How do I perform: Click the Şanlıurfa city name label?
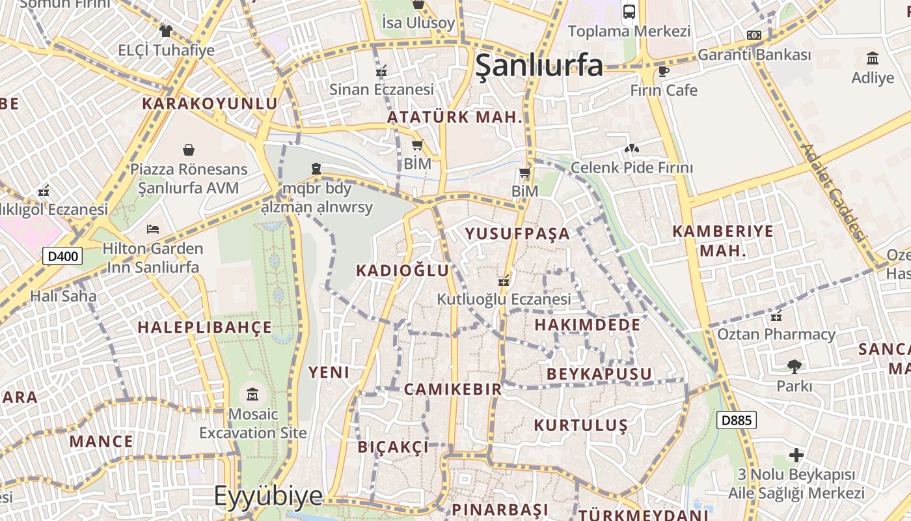pyautogui.click(x=539, y=66)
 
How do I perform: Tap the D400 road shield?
pyautogui.click(x=62, y=256)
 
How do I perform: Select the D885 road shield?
pyautogui.click(x=737, y=420)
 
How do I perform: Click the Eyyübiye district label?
pyautogui.click(x=268, y=496)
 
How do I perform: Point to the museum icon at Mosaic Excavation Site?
pyautogui.click(x=252, y=394)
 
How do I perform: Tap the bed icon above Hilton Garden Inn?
pyautogui.click(x=153, y=229)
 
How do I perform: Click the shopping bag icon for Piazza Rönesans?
pyautogui.click(x=189, y=150)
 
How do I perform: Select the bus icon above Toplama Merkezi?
pyautogui.click(x=629, y=11)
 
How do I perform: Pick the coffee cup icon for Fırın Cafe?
pyautogui.click(x=663, y=71)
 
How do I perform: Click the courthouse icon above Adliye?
pyautogui.click(x=873, y=59)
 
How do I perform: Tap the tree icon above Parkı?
pyautogui.click(x=794, y=366)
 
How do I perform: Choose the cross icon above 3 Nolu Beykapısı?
pyautogui.click(x=796, y=455)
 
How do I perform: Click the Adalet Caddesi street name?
pyautogui.click(x=834, y=192)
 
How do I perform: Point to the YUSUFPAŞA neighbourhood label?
pyautogui.click(x=517, y=234)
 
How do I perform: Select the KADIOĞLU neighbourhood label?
pyautogui.click(x=403, y=270)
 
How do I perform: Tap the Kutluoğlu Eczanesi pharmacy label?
pyautogui.click(x=504, y=299)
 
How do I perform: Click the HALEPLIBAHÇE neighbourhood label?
pyautogui.click(x=205, y=327)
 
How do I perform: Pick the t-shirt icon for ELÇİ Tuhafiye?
pyautogui.click(x=165, y=31)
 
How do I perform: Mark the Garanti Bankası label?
pyautogui.click(x=754, y=55)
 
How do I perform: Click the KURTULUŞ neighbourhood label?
pyautogui.click(x=580, y=425)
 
